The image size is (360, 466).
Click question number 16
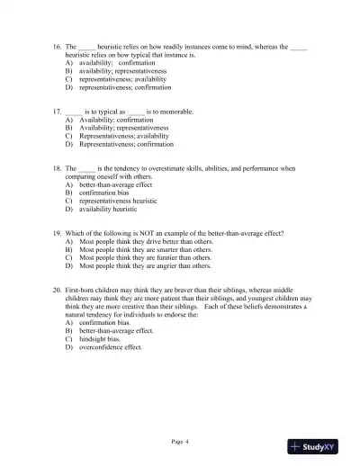coord(57,46)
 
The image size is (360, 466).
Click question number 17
coord(57,112)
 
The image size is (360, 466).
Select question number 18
coord(57,168)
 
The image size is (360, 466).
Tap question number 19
coord(57,234)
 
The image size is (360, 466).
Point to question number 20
coord(57,290)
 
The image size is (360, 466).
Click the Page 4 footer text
coord(180,441)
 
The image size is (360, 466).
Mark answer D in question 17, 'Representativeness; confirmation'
coord(127,144)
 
